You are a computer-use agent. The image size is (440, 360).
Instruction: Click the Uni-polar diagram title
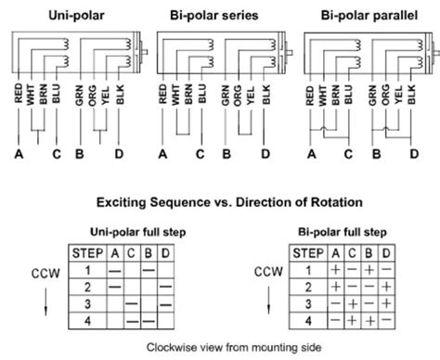coord(76,16)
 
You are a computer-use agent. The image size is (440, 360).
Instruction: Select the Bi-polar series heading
coord(214,16)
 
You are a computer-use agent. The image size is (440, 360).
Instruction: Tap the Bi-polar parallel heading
coord(369,16)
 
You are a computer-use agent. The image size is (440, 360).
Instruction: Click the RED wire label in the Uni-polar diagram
coord(19,93)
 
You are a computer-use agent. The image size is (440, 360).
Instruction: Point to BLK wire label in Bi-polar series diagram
coord(265,95)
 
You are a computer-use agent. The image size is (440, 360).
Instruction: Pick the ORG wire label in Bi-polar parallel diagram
coord(385,95)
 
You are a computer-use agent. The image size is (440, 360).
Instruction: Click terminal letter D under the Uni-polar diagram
coord(119,153)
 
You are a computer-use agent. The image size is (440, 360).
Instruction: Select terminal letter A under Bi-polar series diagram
coord(162,154)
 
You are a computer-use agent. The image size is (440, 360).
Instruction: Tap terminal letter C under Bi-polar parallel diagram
coord(348,154)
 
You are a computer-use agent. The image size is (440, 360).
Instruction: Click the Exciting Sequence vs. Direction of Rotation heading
coord(229,202)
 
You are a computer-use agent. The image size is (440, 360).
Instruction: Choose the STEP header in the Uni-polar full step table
coord(87,253)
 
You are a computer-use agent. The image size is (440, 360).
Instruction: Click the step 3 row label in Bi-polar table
coord(308,303)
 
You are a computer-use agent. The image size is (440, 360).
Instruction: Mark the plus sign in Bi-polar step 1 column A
coord(335,270)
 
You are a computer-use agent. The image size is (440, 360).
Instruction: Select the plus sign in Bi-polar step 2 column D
coord(386,287)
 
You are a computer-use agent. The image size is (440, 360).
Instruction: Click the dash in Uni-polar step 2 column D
coord(165,287)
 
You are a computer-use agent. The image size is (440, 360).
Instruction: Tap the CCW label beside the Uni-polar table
coord(45,274)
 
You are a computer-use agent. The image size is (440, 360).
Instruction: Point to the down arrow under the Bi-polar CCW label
coord(268,301)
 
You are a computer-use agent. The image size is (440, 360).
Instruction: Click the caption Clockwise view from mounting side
coord(234,347)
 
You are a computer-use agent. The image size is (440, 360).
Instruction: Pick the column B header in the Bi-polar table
coord(369,253)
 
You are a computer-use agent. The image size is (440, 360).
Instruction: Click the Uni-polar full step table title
coord(138,232)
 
